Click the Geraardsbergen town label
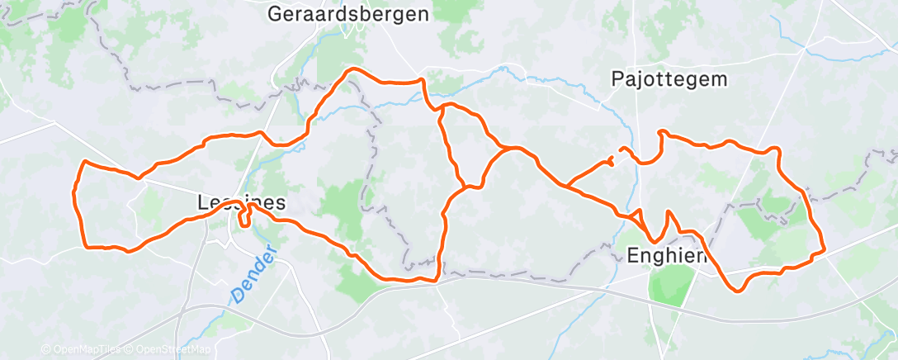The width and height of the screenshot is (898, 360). pos(349,14)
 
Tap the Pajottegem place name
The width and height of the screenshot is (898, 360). pos(670,78)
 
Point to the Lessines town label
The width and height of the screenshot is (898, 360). pos(242,202)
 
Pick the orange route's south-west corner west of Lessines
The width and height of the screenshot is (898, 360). pos(84,245)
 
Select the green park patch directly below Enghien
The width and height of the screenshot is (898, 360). pos(668,285)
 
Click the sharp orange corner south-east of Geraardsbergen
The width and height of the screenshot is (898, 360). pos(423,80)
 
